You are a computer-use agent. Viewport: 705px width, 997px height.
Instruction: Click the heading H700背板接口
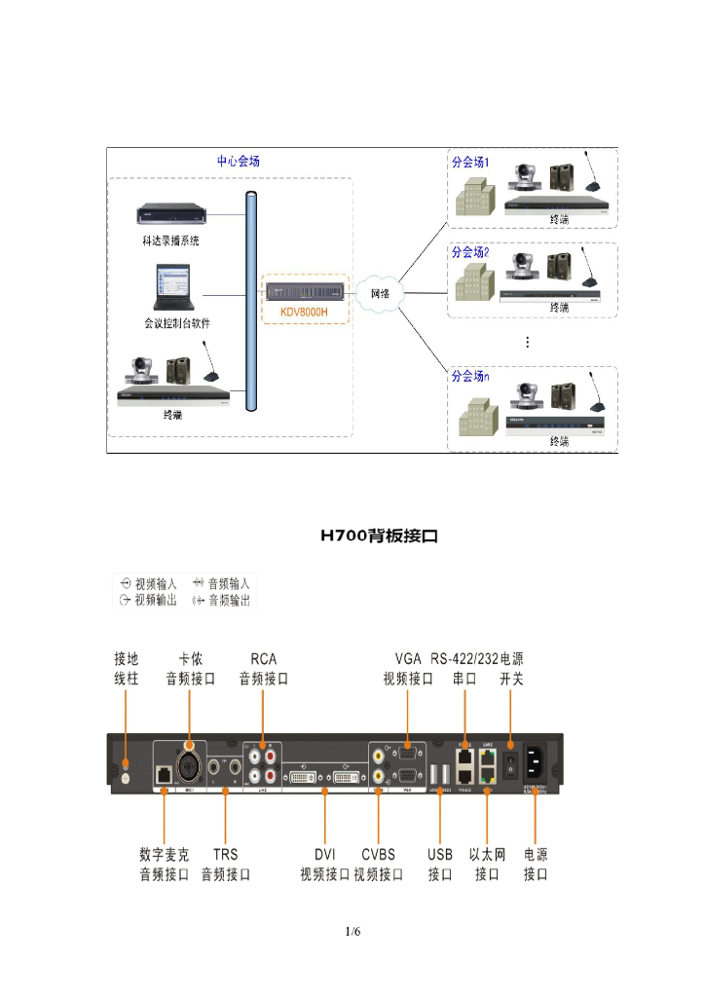click(x=380, y=535)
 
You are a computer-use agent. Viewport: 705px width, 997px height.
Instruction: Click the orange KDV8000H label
click(x=298, y=313)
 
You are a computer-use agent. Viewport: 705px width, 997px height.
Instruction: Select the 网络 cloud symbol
click(x=379, y=292)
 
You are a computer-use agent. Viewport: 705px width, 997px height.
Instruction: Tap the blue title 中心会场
click(x=238, y=162)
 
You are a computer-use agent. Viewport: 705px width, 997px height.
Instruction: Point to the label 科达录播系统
click(x=170, y=240)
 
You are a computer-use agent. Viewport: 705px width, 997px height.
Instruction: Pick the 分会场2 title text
click(x=470, y=252)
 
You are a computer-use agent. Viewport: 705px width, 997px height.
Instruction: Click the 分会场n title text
click(x=470, y=375)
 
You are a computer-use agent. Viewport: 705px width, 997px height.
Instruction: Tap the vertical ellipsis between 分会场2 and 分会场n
click(x=527, y=342)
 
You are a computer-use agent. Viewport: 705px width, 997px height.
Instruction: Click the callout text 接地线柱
click(x=127, y=669)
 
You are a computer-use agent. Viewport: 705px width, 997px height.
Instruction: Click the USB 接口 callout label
click(x=440, y=865)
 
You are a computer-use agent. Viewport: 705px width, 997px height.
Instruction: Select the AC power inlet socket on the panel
click(x=538, y=759)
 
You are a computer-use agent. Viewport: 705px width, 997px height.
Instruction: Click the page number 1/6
click(x=352, y=932)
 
